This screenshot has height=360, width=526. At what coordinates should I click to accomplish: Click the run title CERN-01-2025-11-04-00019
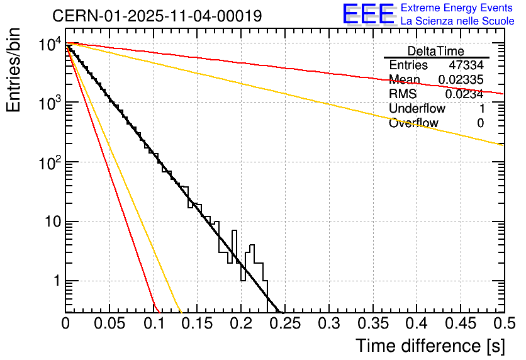pos(157,16)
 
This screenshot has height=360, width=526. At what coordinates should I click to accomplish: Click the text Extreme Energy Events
pos(457,8)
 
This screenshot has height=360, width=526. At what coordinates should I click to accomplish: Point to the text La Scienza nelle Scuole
pos(457,21)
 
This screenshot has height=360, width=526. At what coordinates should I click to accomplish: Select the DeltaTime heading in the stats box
pos(435,51)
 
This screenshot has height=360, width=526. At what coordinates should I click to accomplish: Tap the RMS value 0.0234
pos(464,94)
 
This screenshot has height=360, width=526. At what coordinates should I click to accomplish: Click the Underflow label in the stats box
pos(417,108)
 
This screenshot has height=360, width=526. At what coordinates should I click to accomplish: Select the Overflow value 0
pos(480,123)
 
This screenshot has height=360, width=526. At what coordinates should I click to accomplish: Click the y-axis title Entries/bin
pos(14,70)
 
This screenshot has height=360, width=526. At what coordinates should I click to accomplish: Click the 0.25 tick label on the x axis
pos(284,324)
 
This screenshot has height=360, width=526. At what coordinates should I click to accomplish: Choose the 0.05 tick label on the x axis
pos(109,324)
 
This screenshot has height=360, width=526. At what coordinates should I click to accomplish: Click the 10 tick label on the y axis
pos(51,222)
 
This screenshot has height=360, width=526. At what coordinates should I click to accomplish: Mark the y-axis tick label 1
pos(55,281)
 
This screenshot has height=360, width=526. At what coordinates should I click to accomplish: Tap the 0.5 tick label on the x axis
pos(500,324)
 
